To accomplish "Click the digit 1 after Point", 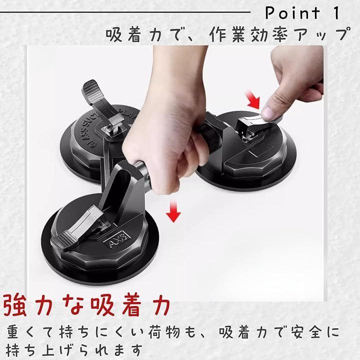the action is click(336, 13).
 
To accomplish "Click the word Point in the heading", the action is click(292, 13).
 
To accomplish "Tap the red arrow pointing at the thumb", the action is click(253, 100).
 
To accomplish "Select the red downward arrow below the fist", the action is click(173, 211).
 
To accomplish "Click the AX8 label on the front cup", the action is click(117, 240).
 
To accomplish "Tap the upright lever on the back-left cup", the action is click(100, 101).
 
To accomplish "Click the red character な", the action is click(73, 305).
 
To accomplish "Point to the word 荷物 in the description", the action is click(164, 332).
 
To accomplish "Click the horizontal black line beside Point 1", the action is click(125, 12).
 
